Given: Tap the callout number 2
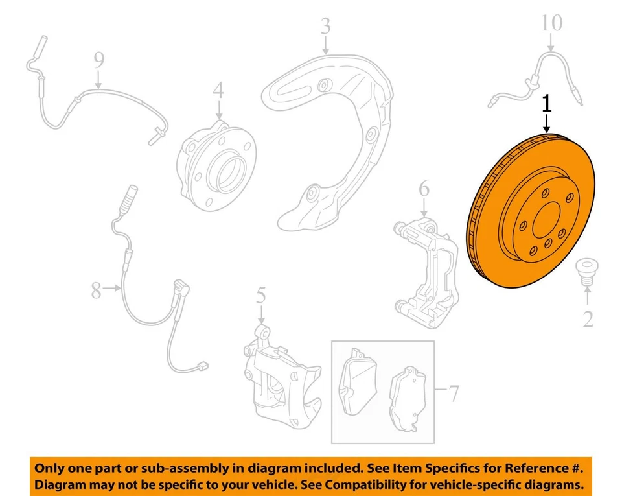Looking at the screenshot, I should pos(588,319).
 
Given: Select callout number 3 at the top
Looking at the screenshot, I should pos(325,27).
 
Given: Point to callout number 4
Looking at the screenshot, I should pos(218,89).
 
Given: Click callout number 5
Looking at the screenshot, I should pos(260,297).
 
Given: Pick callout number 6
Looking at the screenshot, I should pos(424,189).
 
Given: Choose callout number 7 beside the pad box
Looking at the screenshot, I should pos(454,393).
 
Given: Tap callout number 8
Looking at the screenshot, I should pos(97,290).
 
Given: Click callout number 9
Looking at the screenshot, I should pos(98,60).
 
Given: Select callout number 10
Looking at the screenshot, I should pos(552,25).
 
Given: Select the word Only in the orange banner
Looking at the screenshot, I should pos(50,467).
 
